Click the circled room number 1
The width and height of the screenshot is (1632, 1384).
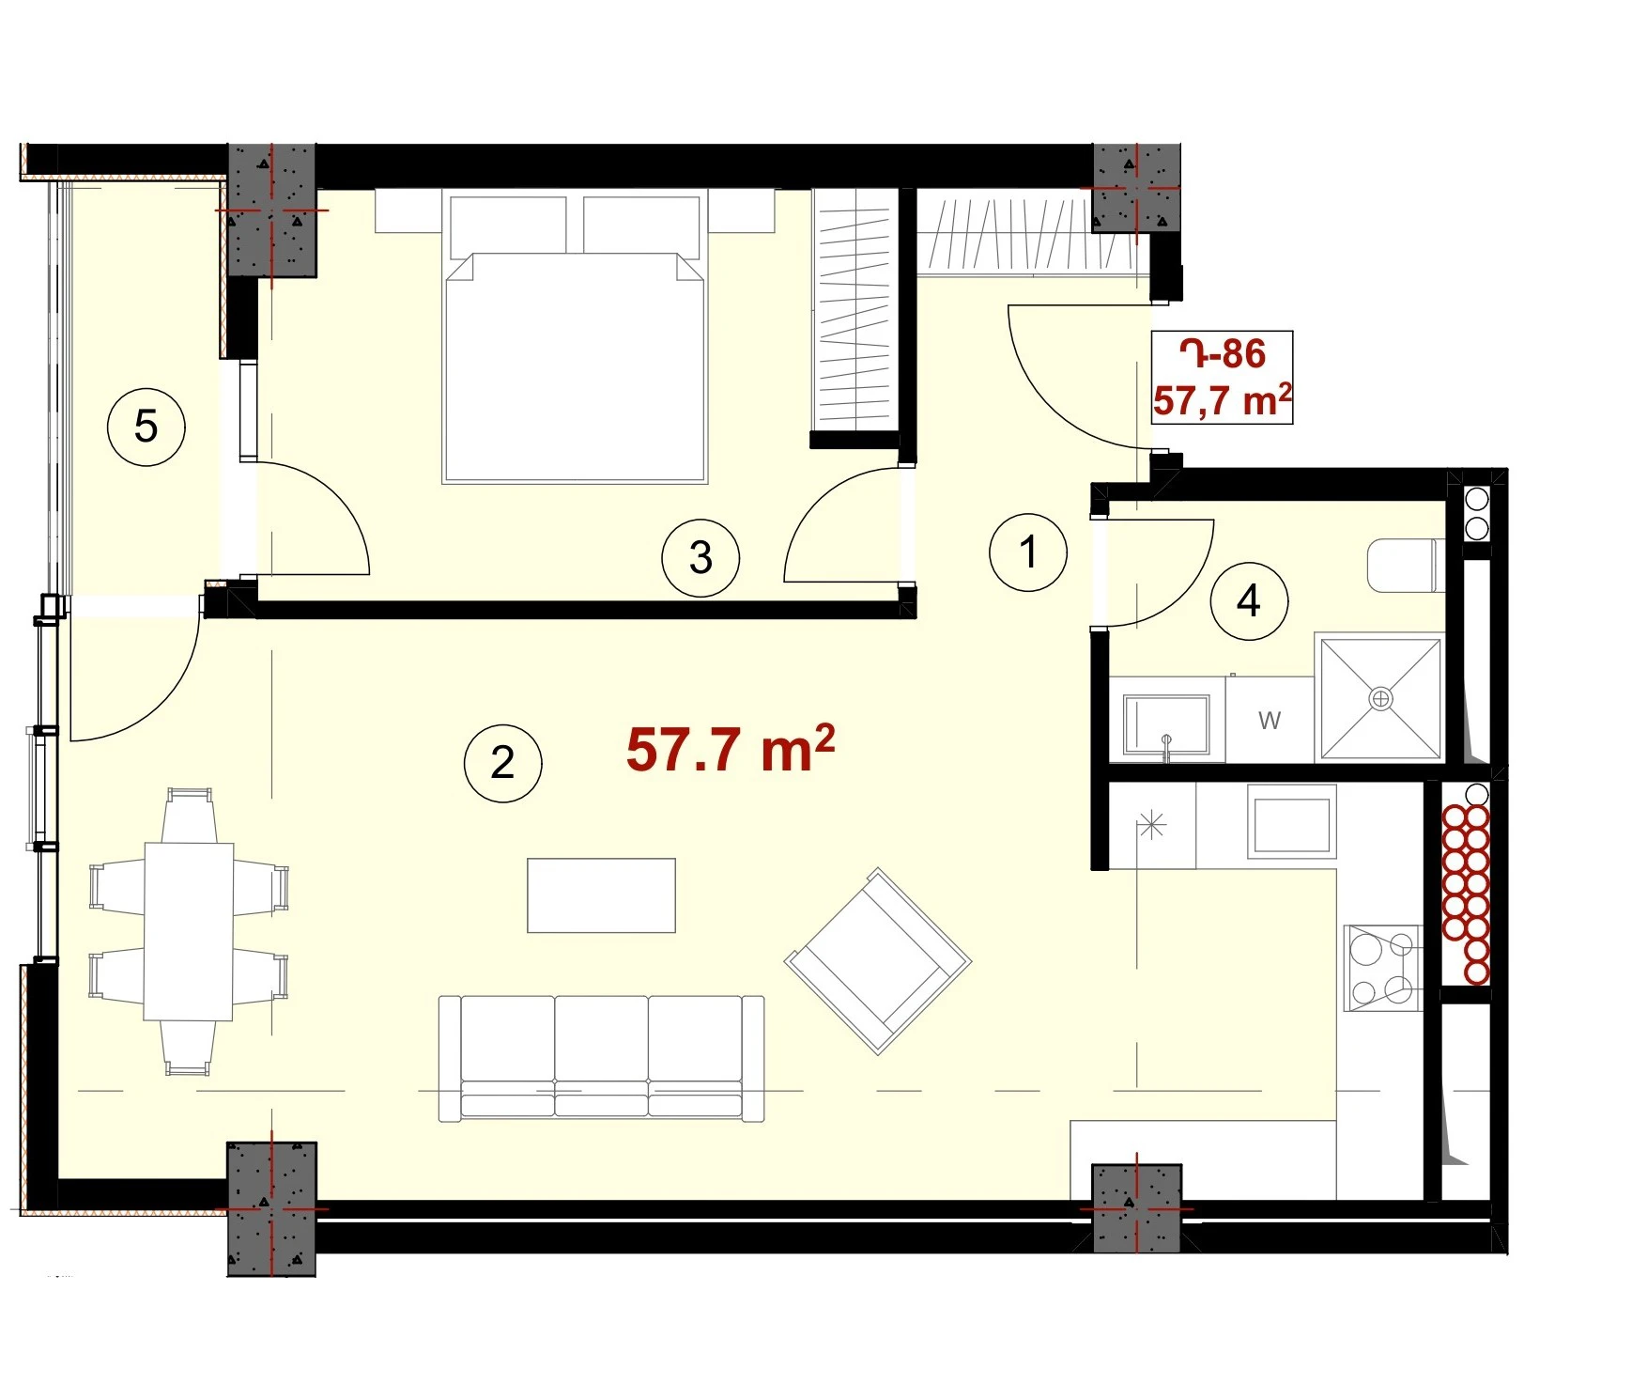(x=1028, y=552)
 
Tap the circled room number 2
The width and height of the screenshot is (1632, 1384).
(x=502, y=762)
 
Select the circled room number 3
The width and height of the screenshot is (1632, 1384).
(x=701, y=557)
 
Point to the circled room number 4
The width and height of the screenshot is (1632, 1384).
(x=1248, y=600)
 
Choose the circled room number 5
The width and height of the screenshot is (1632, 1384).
(x=146, y=427)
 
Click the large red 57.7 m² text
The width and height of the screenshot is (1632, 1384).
(x=730, y=749)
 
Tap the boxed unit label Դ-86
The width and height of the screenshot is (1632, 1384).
(x=1223, y=354)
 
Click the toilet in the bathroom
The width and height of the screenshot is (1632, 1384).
(x=1404, y=565)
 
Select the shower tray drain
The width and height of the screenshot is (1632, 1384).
(x=1380, y=698)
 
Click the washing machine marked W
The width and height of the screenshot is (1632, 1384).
(x=1270, y=720)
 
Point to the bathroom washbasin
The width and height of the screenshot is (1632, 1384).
(x=1166, y=724)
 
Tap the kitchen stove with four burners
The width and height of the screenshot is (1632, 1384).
(x=1382, y=968)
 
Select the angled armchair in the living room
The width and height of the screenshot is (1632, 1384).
(x=878, y=960)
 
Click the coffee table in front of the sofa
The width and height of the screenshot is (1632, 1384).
(x=601, y=894)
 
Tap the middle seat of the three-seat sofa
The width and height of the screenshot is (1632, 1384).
(x=601, y=1057)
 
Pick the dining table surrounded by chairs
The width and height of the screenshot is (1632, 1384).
(x=188, y=931)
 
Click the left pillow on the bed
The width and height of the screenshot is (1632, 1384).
(x=508, y=226)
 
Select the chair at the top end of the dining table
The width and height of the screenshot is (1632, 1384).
(x=189, y=815)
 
